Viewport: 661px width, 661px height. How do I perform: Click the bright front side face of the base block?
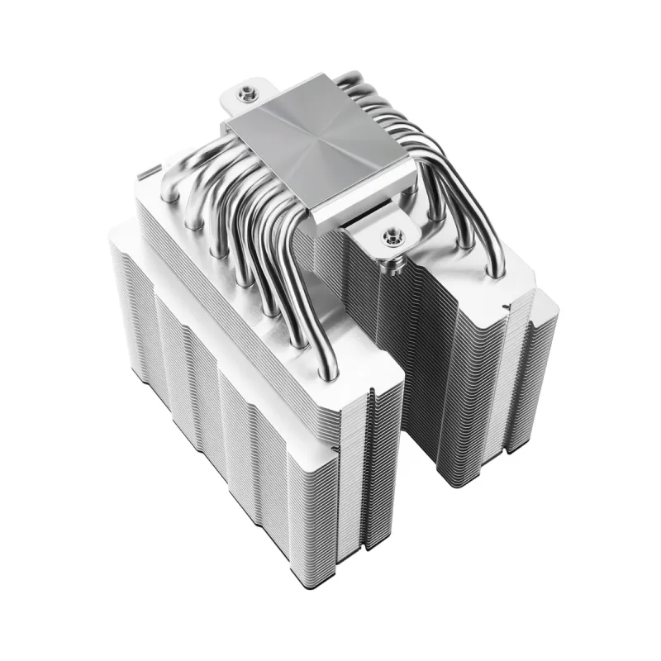pos(364,198)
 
